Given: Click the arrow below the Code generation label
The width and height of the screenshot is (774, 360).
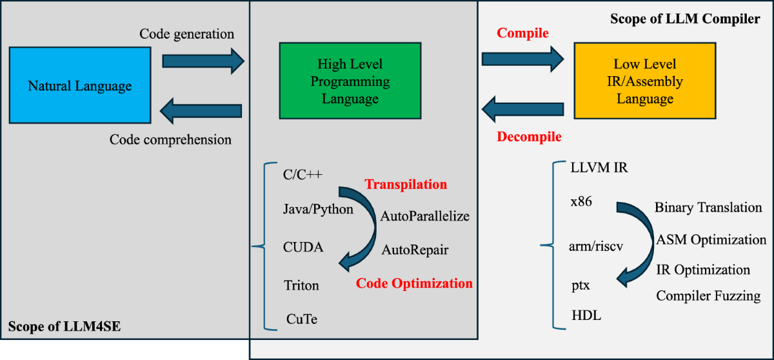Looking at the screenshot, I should (203, 61).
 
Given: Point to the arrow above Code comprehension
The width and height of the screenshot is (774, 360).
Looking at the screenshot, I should (202, 110).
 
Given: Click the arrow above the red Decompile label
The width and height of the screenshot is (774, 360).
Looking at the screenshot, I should (524, 108).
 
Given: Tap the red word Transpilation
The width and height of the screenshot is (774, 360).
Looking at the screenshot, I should (406, 185).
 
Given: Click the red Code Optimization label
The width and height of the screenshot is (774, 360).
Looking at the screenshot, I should (414, 283).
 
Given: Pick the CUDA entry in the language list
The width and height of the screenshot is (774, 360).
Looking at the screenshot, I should (303, 247).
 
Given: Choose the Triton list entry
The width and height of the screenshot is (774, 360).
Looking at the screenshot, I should (301, 285).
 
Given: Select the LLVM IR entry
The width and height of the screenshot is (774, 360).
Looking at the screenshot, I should (599, 168).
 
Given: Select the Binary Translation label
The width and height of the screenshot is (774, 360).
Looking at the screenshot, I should (708, 208).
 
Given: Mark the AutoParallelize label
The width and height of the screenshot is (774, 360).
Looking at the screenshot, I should (424, 215).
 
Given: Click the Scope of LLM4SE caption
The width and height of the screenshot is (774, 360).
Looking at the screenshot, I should (64, 328).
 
